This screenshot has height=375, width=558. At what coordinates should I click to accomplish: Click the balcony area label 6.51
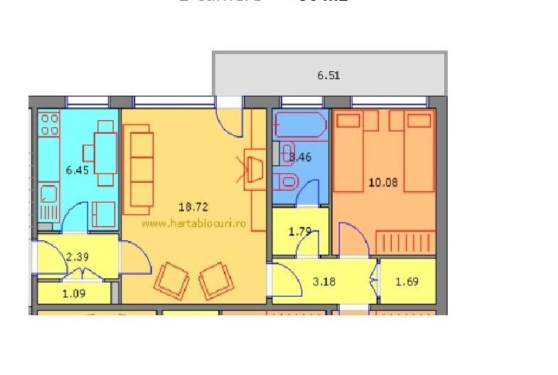328,75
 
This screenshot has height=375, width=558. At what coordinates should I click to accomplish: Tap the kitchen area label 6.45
77,170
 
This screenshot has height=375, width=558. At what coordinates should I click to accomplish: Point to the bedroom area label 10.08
383,182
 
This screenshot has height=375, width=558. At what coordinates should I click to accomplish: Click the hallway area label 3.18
324,281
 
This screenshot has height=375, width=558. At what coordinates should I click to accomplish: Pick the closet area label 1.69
407,281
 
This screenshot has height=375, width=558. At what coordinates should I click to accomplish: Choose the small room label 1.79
301,231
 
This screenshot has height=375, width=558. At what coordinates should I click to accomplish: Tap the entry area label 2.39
77,256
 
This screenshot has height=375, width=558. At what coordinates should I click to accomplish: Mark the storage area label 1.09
74,292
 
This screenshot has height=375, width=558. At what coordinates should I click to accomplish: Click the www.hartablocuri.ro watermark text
193,223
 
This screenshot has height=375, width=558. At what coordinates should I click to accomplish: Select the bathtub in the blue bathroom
300,126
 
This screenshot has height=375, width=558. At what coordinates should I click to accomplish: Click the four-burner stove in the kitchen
48,125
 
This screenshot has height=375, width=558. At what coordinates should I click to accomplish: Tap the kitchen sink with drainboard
48,201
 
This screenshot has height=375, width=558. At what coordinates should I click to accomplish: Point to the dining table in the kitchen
105,152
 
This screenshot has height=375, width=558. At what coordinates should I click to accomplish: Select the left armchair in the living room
172,280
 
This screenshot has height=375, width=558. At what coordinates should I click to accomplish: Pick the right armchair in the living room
216,280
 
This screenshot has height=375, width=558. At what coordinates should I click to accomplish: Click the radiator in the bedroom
404,242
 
